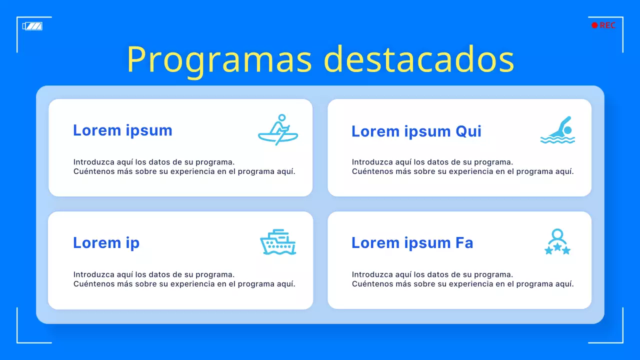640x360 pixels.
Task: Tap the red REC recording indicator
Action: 603,25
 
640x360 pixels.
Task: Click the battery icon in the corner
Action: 32,26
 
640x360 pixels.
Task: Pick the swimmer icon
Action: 558,130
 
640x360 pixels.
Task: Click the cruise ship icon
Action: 278,242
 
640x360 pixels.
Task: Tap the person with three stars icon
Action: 557,242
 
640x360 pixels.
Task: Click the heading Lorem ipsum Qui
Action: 416,131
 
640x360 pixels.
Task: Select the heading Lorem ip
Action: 106,243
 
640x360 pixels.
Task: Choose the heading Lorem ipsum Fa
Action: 412,243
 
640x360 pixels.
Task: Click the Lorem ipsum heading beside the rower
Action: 122,130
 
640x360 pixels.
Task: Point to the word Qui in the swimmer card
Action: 468,131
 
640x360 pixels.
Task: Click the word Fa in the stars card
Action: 464,243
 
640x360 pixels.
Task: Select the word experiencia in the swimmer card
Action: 463,171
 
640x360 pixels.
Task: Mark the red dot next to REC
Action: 594,25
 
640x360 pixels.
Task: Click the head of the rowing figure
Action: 281,118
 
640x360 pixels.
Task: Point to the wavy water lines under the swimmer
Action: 557,140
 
